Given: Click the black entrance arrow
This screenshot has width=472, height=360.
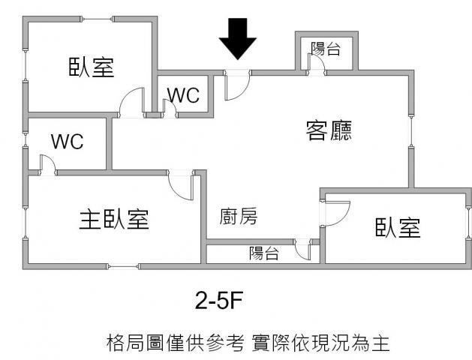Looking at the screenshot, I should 238,39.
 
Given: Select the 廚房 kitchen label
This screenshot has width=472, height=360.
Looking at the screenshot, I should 239,217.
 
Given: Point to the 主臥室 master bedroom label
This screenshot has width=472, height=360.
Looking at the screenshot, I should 114,219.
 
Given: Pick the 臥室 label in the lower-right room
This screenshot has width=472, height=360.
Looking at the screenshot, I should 398,228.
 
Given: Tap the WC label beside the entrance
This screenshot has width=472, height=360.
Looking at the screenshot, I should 183,95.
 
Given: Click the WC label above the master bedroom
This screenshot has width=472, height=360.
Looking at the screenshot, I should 67,141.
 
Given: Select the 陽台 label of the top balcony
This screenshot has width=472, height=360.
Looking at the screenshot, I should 326,49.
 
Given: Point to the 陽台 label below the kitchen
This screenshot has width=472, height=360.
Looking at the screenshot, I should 264,254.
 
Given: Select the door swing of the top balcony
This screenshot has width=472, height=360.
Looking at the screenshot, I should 317,66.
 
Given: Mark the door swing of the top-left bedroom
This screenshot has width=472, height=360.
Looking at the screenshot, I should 132,103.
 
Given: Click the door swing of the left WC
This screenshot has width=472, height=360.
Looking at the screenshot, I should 46,165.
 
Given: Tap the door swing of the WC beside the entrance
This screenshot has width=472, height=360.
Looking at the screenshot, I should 170,109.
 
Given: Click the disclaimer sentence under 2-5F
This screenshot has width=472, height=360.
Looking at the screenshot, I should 248,343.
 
